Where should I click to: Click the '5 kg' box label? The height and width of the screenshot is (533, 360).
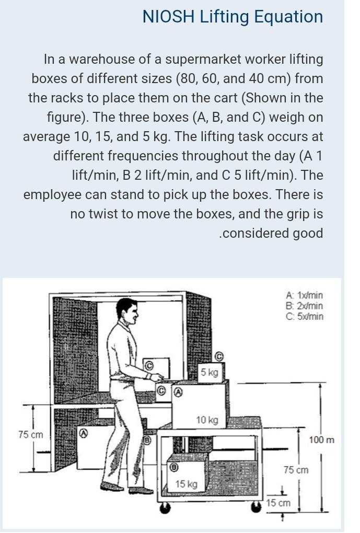point(210,372)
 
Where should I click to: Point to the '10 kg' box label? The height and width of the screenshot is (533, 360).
point(207,420)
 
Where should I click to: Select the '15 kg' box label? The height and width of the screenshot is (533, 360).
point(186,484)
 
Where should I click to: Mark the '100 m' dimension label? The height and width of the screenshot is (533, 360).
point(321,440)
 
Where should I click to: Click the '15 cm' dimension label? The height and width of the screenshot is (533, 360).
point(277,503)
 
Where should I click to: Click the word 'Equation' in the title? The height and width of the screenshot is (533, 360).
point(288,17)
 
